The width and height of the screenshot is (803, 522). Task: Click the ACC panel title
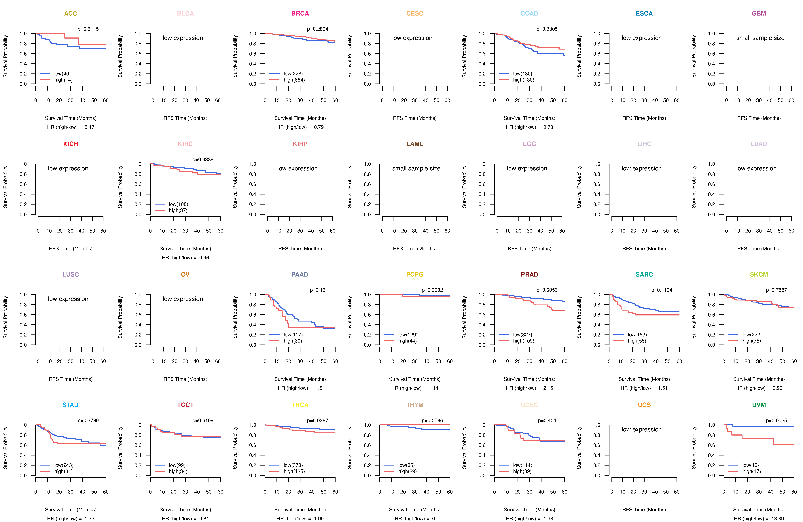71,14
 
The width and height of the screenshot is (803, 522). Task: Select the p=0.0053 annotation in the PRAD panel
547,290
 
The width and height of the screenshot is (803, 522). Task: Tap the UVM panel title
759,405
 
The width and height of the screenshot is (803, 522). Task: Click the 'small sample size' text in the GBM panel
760,38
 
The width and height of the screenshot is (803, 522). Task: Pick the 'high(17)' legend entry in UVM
751,471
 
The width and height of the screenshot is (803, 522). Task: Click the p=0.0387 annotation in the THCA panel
317,421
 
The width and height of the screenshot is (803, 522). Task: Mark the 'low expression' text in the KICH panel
68,168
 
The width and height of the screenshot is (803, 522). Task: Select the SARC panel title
644,274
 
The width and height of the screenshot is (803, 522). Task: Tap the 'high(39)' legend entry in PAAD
293,341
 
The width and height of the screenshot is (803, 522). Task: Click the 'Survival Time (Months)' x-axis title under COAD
529,118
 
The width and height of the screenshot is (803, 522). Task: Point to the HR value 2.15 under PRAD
548,388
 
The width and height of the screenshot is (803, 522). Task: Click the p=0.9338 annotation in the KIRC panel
203,160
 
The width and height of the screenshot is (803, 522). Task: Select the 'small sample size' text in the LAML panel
416,168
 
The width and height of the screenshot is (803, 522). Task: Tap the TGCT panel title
185,405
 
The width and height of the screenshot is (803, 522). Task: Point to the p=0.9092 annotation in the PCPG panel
432,290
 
